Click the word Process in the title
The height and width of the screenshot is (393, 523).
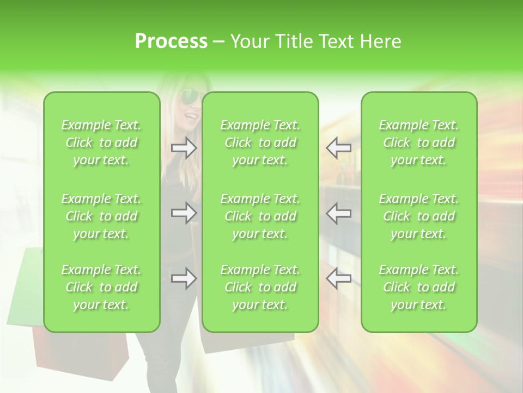(x=171, y=41)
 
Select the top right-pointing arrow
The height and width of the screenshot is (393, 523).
(x=184, y=147)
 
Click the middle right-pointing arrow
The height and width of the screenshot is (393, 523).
(x=184, y=213)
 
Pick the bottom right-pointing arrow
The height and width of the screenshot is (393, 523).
(x=184, y=278)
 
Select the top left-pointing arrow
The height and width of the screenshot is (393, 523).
(x=338, y=147)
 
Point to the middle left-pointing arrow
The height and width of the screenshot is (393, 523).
(x=338, y=213)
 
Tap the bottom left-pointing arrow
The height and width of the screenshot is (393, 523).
(x=338, y=278)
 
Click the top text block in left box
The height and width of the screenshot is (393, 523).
(x=101, y=142)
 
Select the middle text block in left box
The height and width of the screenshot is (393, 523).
(x=101, y=216)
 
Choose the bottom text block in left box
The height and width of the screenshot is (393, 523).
(x=101, y=287)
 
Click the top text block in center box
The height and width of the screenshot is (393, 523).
(x=260, y=142)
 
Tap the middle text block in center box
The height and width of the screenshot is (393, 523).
(x=260, y=216)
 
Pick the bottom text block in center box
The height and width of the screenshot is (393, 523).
(x=260, y=287)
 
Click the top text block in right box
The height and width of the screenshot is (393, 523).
(x=419, y=142)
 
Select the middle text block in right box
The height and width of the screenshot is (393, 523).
(x=419, y=216)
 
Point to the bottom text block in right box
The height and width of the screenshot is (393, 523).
(x=419, y=287)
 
